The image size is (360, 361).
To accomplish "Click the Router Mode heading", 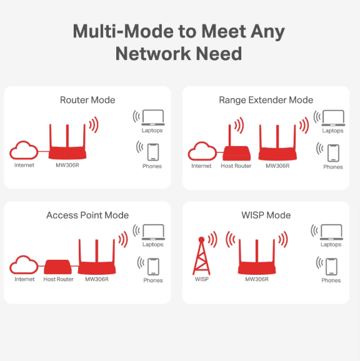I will [x=87, y=100].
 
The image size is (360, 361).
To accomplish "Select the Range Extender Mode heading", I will [x=266, y=100].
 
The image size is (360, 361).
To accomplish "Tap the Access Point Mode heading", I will [x=87, y=215].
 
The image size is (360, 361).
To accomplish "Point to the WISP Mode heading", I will [x=266, y=215].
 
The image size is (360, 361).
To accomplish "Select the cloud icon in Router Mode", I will [x=24, y=151].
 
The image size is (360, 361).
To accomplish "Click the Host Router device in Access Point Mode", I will [x=58, y=267].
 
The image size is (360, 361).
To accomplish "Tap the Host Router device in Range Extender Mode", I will [x=236, y=152].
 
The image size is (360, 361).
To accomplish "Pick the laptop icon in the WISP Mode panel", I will [x=331, y=232].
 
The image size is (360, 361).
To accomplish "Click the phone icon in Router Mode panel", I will [x=153, y=152].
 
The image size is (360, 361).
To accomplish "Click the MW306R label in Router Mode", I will [x=67, y=166].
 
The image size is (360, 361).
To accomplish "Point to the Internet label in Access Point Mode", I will [x=24, y=280].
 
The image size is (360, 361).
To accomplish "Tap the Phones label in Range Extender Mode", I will [x=333, y=167].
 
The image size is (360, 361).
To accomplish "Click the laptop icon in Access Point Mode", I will [x=153, y=232].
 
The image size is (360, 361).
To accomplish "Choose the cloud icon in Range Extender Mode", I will [x=202, y=151].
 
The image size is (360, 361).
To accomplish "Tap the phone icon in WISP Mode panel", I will [x=332, y=267].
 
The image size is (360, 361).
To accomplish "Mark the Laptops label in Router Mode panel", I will [x=152, y=131].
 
